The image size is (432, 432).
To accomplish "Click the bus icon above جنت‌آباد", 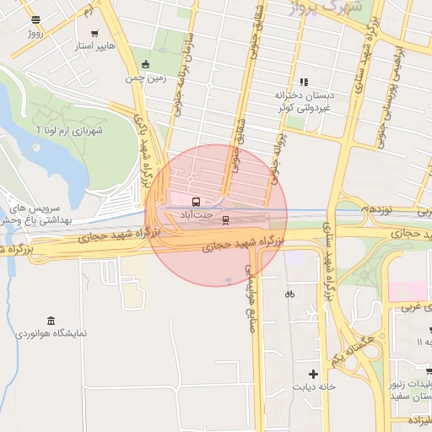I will tap(197, 202).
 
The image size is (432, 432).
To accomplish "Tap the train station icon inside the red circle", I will tap(225, 220).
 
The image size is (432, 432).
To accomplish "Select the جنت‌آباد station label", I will tap(195, 215).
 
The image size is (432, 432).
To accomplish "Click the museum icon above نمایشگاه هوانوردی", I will tap(52, 321).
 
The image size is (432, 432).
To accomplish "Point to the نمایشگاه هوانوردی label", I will tap(52, 334).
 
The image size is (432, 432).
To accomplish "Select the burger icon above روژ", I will tap(35, 19).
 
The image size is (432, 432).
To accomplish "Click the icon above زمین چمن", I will tap(146, 64).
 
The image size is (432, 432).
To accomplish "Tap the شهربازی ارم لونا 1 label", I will tap(67, 130).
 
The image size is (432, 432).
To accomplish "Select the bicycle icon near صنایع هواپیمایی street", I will tap(289, 294).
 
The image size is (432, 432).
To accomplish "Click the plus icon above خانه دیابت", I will tap(314, 374).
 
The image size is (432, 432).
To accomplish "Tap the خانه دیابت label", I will tap(314, 387).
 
